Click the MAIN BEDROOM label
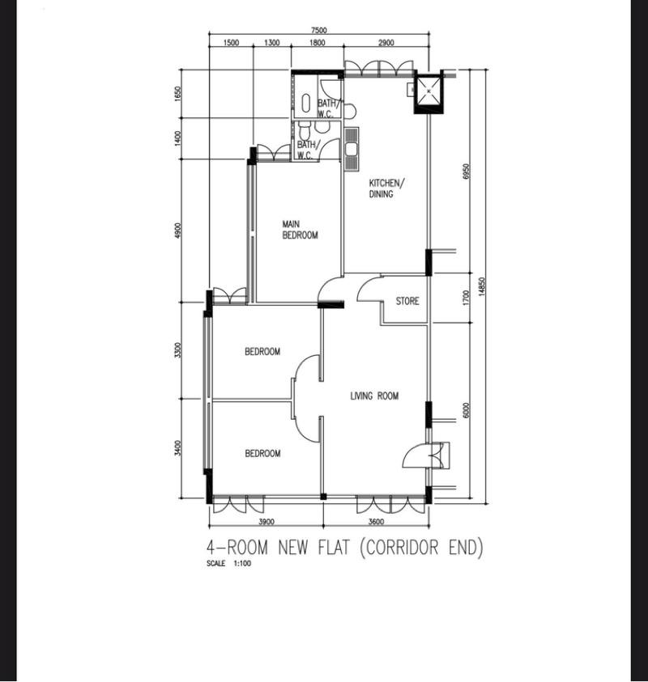[x=299, y=230]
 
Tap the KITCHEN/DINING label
[x=386, y=189]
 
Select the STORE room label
[x=407, y=301]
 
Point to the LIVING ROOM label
[x=374, y=396]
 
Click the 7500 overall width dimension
[x=318, y=31]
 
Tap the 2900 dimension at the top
[x=386, y=43]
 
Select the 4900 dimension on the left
[x=178, y=231]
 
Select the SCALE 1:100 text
[x=229, y=564]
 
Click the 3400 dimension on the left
[x=178, y=447]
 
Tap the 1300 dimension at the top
[x=271, y=43]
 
